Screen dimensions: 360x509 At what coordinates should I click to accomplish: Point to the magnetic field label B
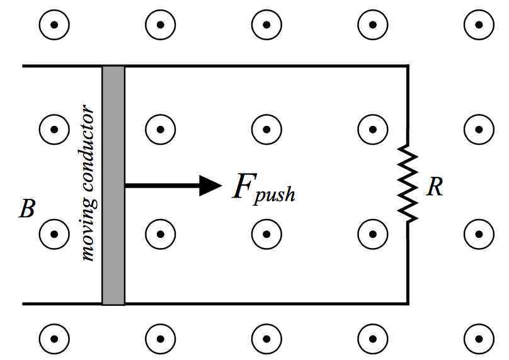point(26,210)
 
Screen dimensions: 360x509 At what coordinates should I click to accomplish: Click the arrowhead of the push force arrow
point(210,185)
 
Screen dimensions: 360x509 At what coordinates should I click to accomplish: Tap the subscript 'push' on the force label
point(275,194)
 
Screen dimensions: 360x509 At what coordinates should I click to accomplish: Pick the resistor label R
point(434,187)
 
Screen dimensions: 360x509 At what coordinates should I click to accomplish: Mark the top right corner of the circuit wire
point(408,66)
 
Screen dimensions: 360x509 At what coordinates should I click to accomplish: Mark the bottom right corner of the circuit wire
point(408,304)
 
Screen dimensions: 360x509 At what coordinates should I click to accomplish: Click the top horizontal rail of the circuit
point(265,66)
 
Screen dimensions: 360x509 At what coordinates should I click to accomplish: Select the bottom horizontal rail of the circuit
point(265,304)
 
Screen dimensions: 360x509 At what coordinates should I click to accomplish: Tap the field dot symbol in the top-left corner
point(54,25)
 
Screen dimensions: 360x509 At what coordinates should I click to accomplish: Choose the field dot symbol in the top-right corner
point(478,25)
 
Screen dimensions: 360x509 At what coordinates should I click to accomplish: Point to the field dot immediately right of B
point(54,234)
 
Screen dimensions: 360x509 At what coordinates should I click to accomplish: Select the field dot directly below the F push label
point(266,234)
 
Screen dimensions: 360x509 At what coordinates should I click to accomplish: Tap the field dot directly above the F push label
point(266,130)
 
